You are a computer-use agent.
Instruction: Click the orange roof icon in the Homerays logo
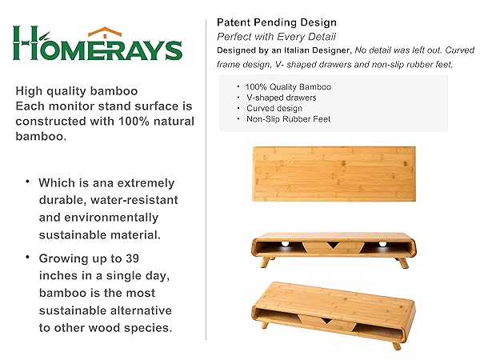click(x=105, y=32)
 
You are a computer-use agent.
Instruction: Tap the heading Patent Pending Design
click(x=277, y=22)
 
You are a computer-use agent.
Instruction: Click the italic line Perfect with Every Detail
click(x=276, y=37)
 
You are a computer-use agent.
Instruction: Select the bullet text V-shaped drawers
click(x=281, y=98)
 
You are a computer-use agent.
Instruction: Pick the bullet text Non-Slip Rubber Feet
click(x=288, y=119)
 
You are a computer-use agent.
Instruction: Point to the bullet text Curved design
click(x=274, y=108)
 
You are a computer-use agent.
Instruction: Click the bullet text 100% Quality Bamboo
click(x=288, y=87)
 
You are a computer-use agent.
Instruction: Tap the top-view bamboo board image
click(x=334, y=174)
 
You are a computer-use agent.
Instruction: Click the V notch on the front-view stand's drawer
click(x=333, y=246)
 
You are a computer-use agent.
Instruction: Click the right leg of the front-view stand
click(x=402, y=262)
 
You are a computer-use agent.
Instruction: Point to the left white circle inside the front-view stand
click(x=285, y=244)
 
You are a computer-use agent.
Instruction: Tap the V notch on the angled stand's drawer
click(x=326, y=321)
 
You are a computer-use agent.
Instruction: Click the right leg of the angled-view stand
click(x=397, y=346)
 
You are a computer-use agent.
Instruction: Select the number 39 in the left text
click(x=132, y=258)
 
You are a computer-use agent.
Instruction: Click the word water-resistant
click(x=134, y=200)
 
